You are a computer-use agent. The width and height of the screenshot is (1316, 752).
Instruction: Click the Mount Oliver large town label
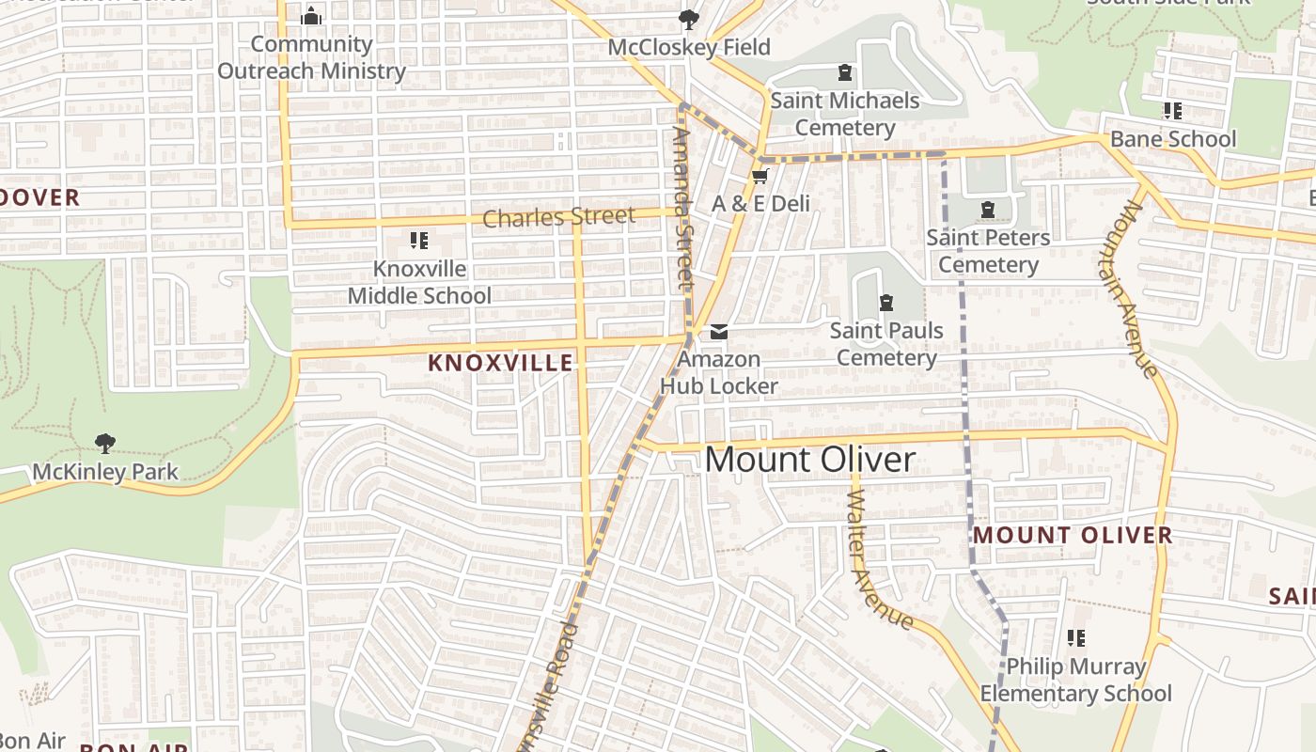coord(809,460)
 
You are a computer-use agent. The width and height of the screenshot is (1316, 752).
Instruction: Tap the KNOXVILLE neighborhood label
coord(500,363)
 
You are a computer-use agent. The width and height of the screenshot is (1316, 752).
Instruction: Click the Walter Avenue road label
coord(879,560)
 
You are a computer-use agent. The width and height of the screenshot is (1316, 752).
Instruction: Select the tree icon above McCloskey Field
coord(689,19)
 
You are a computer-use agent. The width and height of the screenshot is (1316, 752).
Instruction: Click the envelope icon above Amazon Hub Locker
coord(719,331)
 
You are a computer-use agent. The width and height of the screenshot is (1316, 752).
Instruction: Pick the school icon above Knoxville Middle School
coord(419,241)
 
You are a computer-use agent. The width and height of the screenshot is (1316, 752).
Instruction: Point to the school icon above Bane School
coord(1172,111)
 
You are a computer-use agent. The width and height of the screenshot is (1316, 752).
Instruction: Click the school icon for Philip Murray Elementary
coord(1076,639)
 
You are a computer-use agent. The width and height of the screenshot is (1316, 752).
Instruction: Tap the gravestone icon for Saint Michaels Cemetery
coord(844,72)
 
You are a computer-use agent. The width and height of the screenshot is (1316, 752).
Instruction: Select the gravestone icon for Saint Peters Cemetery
coord(987,210)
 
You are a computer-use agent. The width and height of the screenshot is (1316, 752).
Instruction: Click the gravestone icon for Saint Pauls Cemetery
coord(885,303)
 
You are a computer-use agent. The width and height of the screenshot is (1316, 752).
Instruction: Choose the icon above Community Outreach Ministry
coord(311,16)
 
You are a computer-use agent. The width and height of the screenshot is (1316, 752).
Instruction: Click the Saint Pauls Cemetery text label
coord(886,344)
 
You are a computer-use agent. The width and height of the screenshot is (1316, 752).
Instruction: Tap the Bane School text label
coord(1173,139)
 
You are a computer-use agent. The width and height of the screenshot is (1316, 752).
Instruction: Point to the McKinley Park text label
coord(105,471)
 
